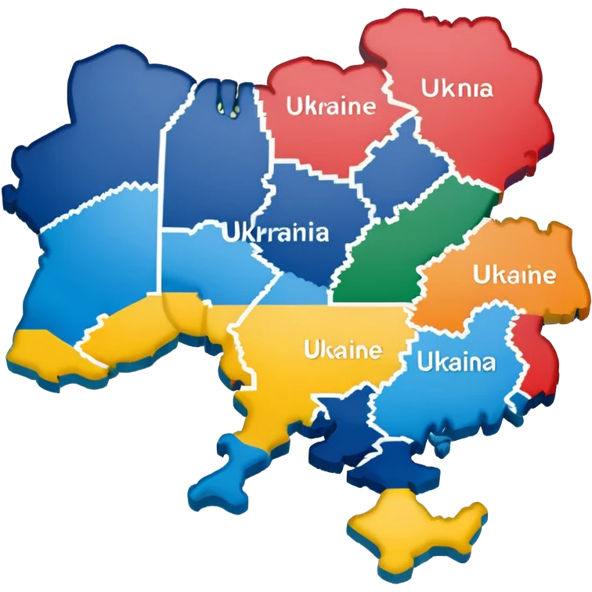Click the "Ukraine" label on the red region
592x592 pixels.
coord(331,106)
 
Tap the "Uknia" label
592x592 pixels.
coord(457,88)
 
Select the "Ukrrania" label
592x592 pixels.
coord(275,233)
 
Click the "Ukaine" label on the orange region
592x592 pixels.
coord(514,275)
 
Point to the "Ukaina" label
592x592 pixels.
coord(456,363)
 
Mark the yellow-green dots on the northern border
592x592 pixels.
coord(227,106)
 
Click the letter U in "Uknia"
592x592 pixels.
coord(428,88)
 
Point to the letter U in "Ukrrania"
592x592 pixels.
coord(229,233)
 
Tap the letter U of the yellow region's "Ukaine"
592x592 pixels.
coord(311,348)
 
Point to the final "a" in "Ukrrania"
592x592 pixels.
coord(321,233)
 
